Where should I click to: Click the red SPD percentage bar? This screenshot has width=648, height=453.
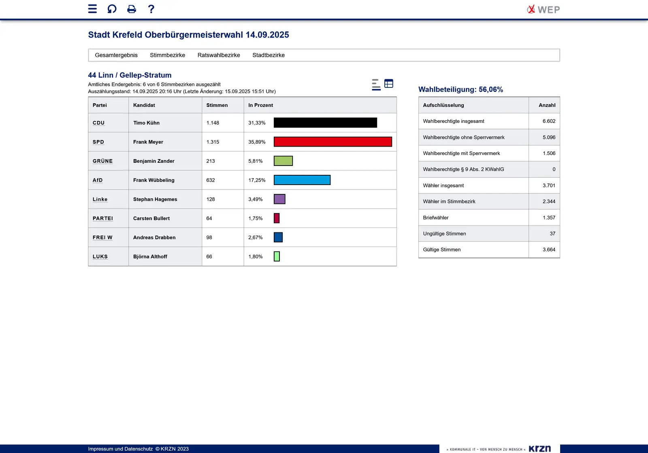[333, 142]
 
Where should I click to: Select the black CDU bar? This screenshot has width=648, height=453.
[325, 123]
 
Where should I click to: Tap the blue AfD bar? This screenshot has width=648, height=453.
[302, 180]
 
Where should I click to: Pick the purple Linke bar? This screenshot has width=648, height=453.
[279, 199]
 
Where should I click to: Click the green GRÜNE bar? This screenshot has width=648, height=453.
[283, 161]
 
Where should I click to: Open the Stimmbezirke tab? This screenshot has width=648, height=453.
[167, 55]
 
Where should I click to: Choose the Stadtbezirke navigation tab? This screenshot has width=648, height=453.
[268, 55]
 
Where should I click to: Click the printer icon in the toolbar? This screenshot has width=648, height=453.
[132, 9]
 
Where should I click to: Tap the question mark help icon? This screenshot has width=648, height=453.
[151, 9]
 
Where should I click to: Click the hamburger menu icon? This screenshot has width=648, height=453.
[92, 9]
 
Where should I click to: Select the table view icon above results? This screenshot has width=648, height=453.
[388, 83]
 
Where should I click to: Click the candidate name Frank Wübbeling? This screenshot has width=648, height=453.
[153, 180]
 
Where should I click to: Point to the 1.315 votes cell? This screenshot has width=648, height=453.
[213, 142]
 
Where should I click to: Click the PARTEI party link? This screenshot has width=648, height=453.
[102, 219]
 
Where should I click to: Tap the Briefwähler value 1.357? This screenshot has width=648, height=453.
[549, 218]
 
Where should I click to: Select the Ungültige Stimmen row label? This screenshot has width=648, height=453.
[444, 234]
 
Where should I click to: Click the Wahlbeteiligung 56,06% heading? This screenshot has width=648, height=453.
[460, 89]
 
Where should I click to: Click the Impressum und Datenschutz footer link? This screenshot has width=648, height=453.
[120, 449]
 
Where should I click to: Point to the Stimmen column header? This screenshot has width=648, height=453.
[217, 105]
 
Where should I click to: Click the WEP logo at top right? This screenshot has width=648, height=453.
[543, 9]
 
